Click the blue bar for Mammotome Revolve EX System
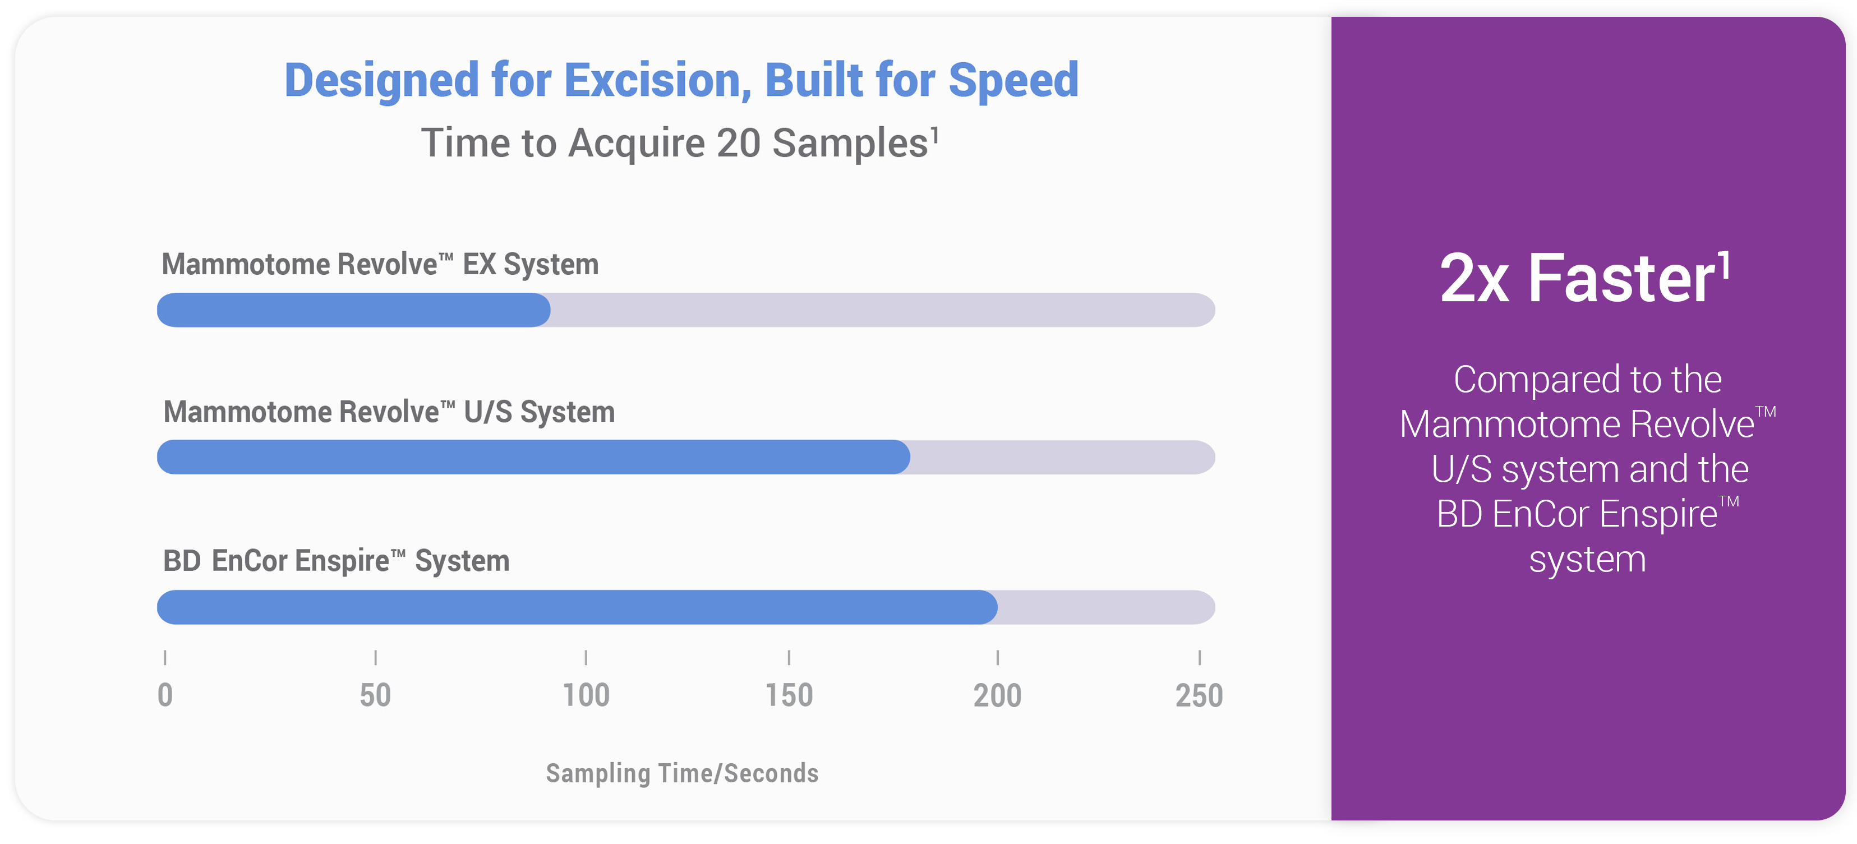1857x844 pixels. tap(354, 310)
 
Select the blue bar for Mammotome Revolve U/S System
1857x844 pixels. tap(533, 457)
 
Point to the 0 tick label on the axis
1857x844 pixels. tap(165, 695)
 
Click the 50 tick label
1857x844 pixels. tap(376, 695)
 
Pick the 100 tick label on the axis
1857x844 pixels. tap(586, 695)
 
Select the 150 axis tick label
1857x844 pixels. tap(789, 695)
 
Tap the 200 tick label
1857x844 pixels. tap(998, 695)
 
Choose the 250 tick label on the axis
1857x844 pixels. tap(1200, 695)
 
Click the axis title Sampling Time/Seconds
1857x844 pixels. tap(682, 773)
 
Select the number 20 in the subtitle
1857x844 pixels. tap(739, 142)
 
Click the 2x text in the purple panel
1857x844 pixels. tap(1474, 280)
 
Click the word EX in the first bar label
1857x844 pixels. tap(480, 265)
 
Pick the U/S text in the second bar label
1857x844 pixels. tap(488, 412)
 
